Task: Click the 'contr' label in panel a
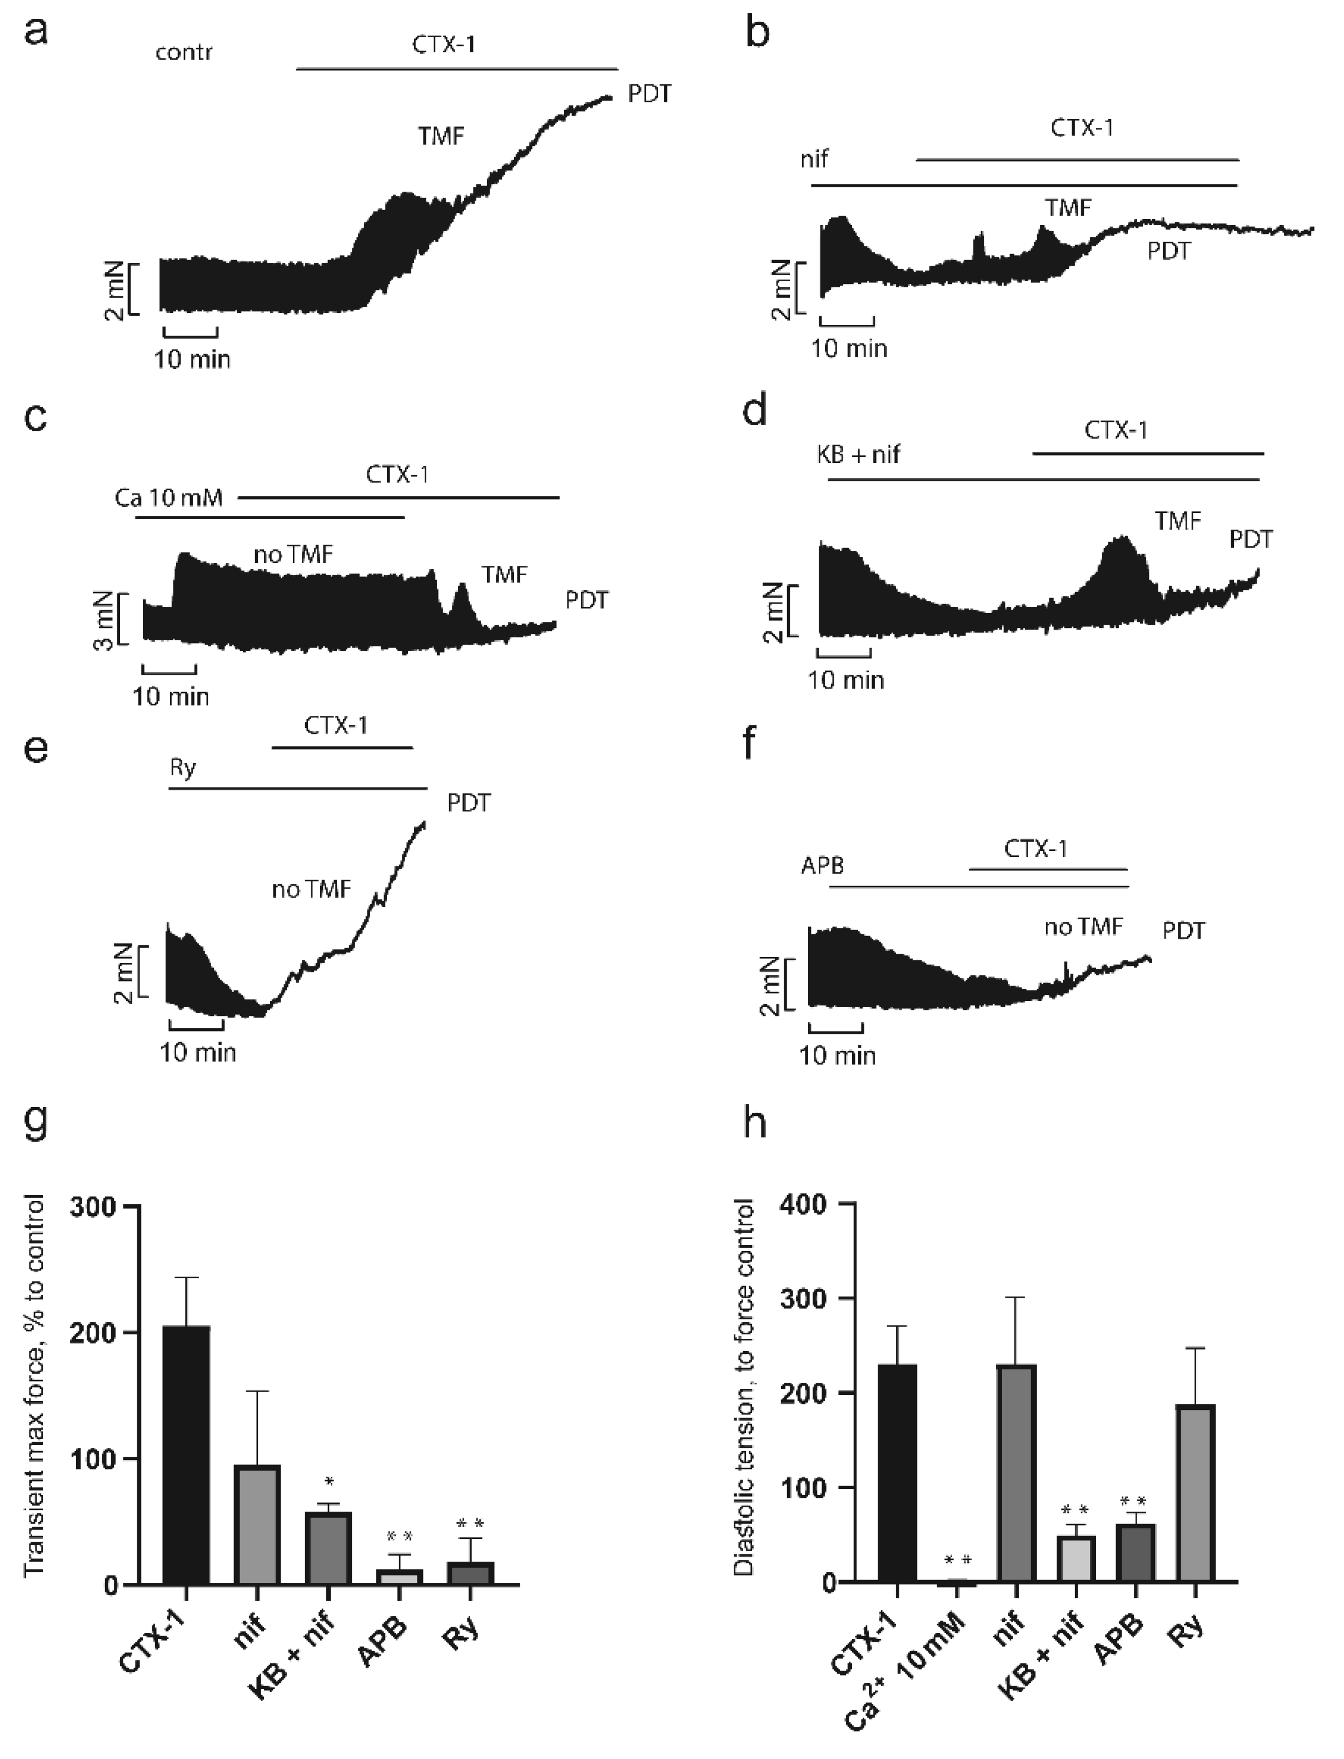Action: pos(184,53)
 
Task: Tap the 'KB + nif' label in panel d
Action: pos(858,455)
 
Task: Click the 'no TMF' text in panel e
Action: pos(311,889)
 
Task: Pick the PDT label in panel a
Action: pos(649,94)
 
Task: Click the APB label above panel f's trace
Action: pos(823,865)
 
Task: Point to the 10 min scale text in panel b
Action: pos(849,349)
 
